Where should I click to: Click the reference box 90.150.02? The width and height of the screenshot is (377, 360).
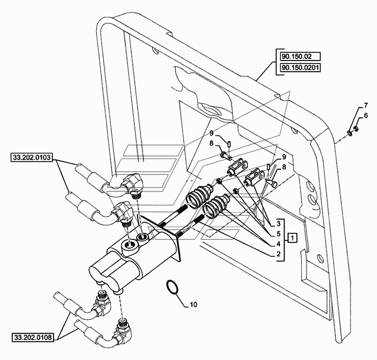300,57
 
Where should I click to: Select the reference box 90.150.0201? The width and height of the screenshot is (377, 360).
300,68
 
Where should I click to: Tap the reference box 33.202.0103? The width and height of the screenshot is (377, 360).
32,158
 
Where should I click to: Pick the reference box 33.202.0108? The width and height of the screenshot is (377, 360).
33,338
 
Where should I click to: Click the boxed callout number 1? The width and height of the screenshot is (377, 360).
292,238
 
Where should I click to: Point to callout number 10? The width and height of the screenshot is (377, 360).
193,305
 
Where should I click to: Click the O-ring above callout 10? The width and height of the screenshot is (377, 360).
171,286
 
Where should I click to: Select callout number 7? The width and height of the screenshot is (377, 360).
365,105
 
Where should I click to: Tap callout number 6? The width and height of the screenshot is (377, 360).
365,115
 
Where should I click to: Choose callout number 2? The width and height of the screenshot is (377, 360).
278,254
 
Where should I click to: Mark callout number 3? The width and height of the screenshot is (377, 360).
278,224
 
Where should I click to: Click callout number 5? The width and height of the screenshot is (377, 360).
278,233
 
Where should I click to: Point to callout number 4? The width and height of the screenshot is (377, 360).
278,244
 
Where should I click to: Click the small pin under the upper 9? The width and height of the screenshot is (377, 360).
229,145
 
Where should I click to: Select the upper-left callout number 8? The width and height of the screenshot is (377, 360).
211,143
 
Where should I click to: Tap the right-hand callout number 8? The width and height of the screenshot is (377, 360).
284,167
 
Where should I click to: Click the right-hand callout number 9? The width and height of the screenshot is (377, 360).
284,157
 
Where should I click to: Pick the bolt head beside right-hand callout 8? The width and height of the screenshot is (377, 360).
274,184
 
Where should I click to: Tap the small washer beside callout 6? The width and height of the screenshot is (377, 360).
356,129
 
